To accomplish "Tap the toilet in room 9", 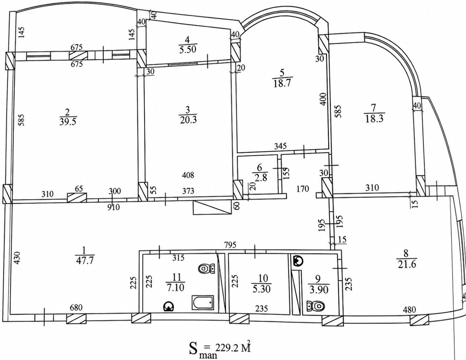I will (x=315, y=306).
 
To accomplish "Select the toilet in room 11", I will (x=207, y=268).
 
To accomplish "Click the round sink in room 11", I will (x=169, y=306).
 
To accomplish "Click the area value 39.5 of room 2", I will (x=67, y=122).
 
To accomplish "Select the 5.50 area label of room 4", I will (x=187, y=49).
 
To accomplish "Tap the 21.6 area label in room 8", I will (x=406, y=264).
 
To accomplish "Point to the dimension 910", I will (x=113, y=207).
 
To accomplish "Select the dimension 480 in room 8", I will (x=410, y=309).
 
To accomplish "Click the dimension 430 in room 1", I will (x=17, y=258).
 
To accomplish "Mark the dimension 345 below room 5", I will (x=280, y=146).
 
